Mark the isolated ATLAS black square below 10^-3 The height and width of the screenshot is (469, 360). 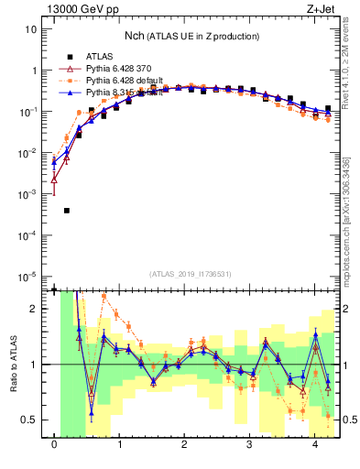point(67,211)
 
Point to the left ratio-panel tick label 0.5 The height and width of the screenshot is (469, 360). point(29,420)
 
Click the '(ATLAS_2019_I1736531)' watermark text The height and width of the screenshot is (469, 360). point(191,274)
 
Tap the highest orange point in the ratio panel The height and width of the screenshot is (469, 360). point(104,297)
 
